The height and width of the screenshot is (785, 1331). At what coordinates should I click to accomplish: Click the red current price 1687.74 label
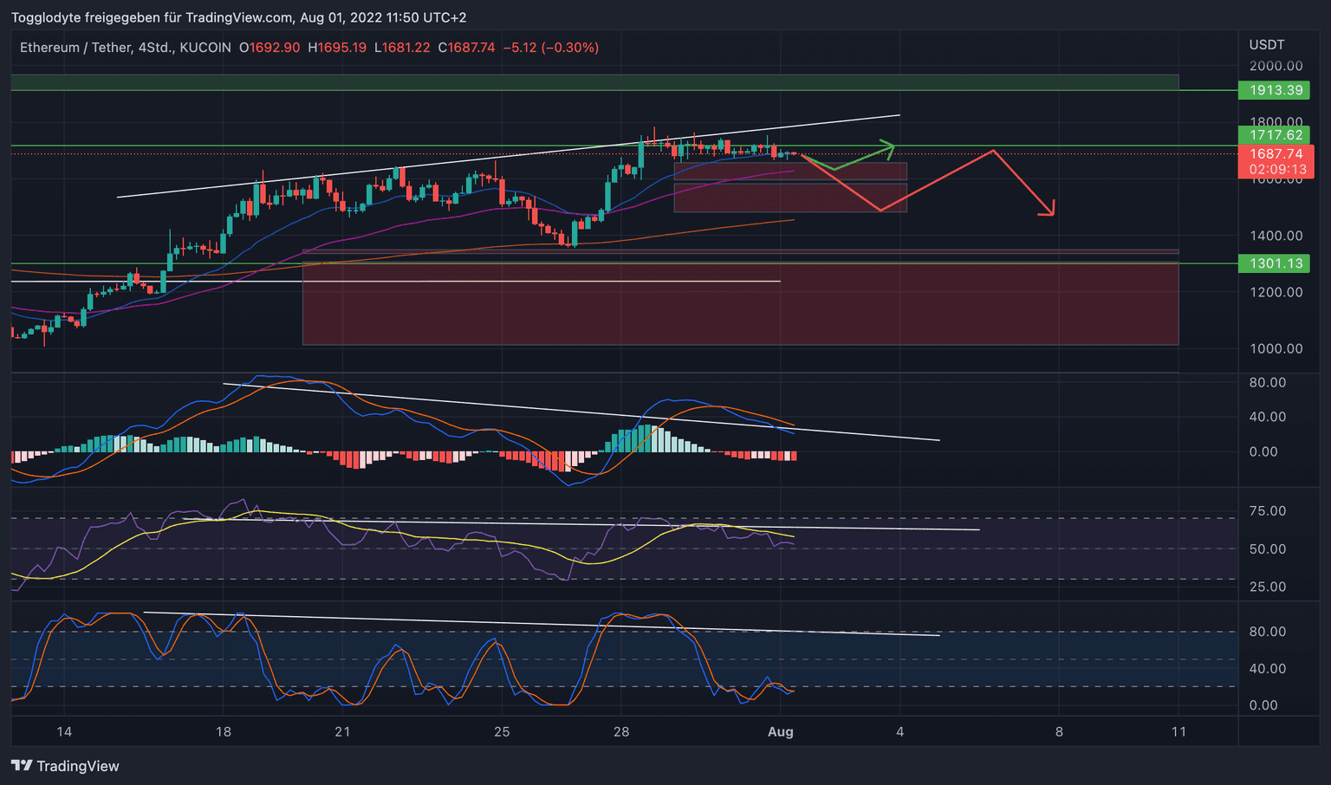[1276, 154]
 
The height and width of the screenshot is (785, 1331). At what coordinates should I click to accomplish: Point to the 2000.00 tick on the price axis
[1276, 66]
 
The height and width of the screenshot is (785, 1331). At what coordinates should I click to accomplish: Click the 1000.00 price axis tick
[1276, 348]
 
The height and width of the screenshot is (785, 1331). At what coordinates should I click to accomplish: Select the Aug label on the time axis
[781, 732]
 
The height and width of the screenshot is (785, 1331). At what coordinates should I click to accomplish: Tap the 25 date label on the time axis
[502, 732]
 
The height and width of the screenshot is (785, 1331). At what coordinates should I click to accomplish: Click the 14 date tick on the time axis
[64, 732]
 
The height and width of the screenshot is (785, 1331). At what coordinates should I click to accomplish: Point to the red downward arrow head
[1050, 210]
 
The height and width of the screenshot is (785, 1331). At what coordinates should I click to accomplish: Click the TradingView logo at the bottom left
[66, 766]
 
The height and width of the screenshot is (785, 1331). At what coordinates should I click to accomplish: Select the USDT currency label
[1267, 45]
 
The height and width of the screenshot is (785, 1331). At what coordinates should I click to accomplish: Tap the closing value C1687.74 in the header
[466, 48]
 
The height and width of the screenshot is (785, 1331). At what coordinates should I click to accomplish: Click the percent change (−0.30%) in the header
[570, 48]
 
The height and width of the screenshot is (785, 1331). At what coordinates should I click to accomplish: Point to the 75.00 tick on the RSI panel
[1267, 511]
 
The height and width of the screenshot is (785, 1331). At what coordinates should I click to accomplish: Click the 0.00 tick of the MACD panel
[1270, 451]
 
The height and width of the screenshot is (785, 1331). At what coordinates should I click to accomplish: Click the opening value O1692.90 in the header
[269, 48]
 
